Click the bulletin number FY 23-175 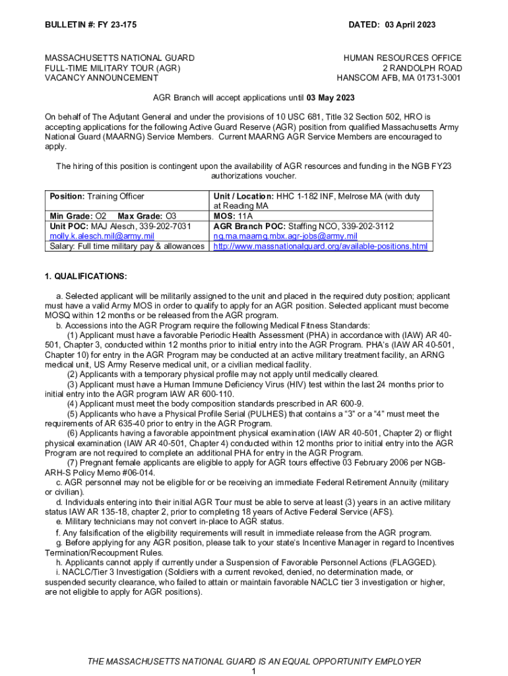pyautogui.click(x=110, y=25)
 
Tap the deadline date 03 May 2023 pyautogui.click(x=331, y=98)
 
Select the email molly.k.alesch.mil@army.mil pyautogui.click(x=102, y=236)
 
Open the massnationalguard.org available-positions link pyautogui.click(x=320, y=247)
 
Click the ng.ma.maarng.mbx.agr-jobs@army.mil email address pyautogui.click(x=285, y=236)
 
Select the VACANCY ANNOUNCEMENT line pyautogui.click(x=92, y=78)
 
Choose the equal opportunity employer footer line pyautogui.click(x=254, y=661)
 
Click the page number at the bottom pyautogui.click(x=254, y=671)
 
